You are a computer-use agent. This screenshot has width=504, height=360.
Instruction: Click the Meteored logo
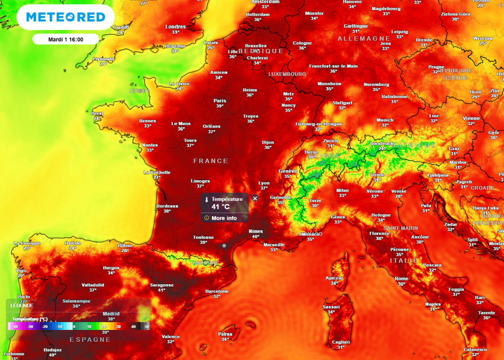65,17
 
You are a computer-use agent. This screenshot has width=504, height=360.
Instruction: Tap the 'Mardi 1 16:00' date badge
65,39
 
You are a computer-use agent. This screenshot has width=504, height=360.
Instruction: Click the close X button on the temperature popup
255,198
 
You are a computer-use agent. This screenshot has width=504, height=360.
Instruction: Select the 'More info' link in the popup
224,218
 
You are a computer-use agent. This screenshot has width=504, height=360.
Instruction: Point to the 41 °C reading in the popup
220,207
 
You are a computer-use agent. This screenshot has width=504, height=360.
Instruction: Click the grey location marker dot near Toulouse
224,245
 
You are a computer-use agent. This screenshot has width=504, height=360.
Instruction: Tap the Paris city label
220,99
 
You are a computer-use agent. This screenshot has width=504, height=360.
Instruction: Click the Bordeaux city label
167,205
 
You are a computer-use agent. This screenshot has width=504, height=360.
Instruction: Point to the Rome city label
401,279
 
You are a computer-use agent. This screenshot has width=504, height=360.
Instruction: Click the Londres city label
176,27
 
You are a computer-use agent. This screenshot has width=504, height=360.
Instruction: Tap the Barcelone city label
217,291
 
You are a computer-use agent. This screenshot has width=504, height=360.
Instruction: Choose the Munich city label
385,120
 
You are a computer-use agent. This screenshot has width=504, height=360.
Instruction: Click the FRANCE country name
211,161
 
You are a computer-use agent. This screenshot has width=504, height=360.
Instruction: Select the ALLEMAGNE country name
364,38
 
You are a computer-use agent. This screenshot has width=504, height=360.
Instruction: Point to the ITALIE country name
404,261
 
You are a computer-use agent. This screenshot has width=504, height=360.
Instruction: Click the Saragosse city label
161,285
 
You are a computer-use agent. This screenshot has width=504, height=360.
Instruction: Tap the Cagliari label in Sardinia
341,342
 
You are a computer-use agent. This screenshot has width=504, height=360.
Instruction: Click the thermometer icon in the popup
207,199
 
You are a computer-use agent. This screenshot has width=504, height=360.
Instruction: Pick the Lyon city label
264,182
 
